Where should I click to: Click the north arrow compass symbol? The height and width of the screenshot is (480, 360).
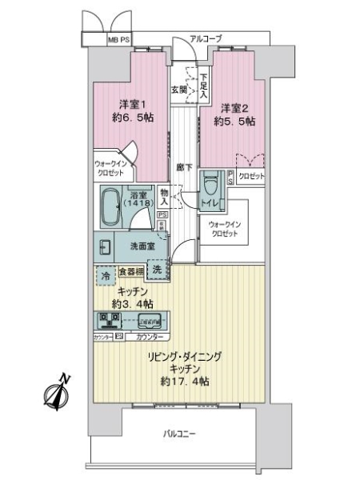point(57,393)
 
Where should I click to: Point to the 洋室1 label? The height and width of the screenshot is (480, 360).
point(132,105)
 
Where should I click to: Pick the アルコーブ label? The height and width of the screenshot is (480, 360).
point(206,38)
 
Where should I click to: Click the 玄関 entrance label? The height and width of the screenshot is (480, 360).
point(177,89)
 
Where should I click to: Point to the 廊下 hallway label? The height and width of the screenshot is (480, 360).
point(183,167)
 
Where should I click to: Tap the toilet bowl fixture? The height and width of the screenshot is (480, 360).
point(210,183)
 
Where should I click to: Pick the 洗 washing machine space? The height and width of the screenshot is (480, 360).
point(158,270)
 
